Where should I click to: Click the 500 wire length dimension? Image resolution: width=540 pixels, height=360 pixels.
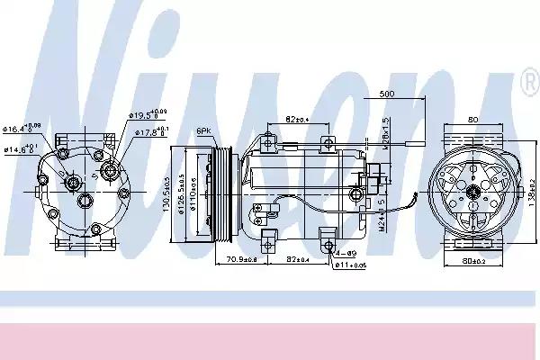(x=387, y=94)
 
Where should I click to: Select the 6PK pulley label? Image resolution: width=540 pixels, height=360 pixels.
(x=203, y=131)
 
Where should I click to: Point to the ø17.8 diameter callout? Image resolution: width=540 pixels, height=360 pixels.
(x=149, y=132)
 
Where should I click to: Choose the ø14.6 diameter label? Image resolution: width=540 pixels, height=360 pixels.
(x=20, y=148)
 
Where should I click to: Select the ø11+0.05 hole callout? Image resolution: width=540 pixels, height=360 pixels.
(x=350, y=266)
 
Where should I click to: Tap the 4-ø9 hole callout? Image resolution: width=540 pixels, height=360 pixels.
(x=344, y=255)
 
